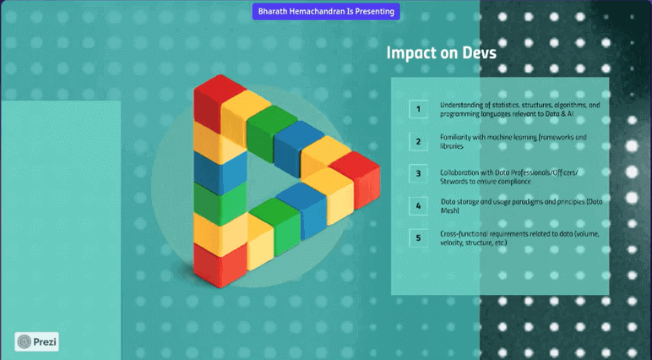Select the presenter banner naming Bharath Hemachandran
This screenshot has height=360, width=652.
pos(325,12)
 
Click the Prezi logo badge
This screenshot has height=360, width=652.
pos(37,341)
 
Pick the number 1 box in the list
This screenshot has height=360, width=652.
pos(418,109)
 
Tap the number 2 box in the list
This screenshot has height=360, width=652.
pos(418,141)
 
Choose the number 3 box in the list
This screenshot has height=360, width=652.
pos(418,173)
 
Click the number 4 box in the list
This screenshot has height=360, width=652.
pos(418,205)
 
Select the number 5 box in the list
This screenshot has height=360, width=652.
pos(418,237)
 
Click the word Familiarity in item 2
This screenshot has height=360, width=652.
pos(459,137)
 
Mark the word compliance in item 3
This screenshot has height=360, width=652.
pos(513,181)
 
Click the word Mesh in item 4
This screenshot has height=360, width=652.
pos(450,210)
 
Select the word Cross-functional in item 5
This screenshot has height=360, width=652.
pos(465,233)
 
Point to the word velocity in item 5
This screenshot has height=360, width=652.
pos(454,243)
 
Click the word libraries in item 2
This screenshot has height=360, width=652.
pos(452,146)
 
